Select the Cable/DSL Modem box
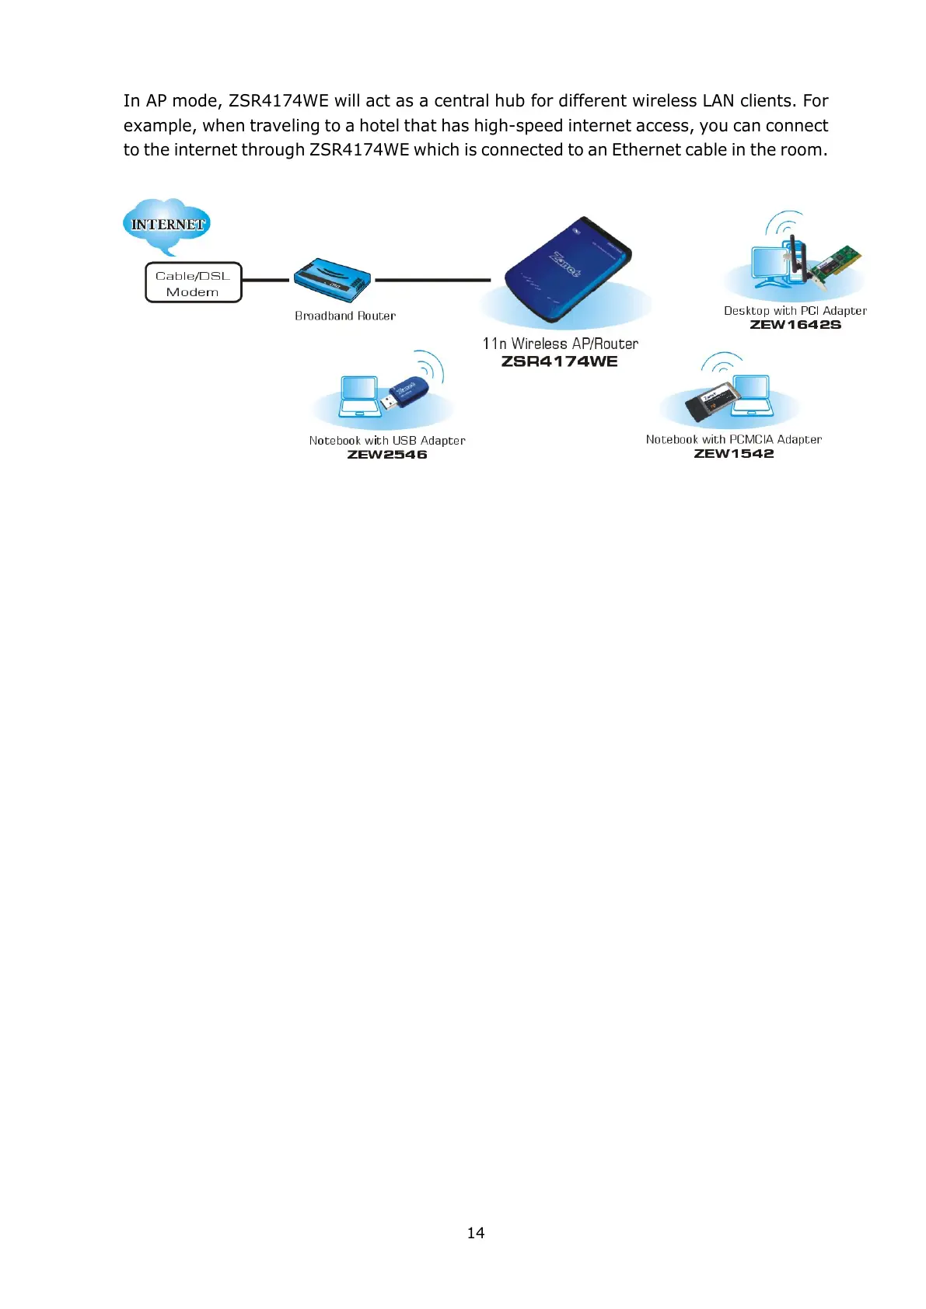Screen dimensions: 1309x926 tap(193, 283)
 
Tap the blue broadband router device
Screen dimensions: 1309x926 tap(332, 280)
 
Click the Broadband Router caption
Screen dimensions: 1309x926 tap(345, 316)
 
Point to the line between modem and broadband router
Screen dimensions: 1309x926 tap(266, 280)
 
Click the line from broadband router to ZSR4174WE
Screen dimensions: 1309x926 tap(432, 280)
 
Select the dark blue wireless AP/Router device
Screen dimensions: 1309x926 tap(568, 268)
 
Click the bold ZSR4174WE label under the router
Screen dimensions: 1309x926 tap(560, 361)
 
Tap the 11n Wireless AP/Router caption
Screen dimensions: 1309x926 tap(560, 344)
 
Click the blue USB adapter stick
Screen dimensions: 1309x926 tap(405, 393)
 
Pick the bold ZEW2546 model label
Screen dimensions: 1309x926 tap(387, 455)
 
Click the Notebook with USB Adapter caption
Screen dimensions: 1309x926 tap(387, 441)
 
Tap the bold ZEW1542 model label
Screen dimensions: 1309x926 tap(734, 454)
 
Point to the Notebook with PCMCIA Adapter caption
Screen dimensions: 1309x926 tap(734, 440)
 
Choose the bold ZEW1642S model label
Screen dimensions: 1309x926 tap(795, 325)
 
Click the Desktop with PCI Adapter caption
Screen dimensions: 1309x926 tap(795, 311)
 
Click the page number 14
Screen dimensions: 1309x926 tap(476, 1233)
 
